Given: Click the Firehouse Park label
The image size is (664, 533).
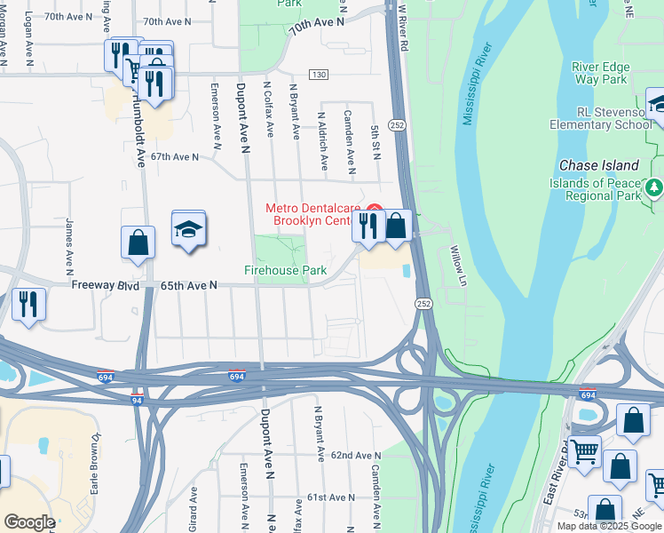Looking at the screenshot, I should [286, 270].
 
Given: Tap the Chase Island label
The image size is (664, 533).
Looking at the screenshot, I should [598, 165].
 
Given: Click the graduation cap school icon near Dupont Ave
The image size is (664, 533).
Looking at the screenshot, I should [188, 231].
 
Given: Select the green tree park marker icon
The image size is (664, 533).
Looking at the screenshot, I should [654, 187].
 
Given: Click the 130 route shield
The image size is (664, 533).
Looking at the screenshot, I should [319, 74].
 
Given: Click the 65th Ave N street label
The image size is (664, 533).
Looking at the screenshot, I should [187, 285].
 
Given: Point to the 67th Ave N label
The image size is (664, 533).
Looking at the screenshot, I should [173, 156].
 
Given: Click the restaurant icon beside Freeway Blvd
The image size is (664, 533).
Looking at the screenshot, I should [28, 306].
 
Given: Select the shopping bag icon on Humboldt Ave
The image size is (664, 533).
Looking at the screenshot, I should [138, 243].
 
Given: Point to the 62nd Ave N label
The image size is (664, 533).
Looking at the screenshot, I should [354, 454].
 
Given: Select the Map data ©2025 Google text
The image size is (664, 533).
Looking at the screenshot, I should [609, 526].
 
